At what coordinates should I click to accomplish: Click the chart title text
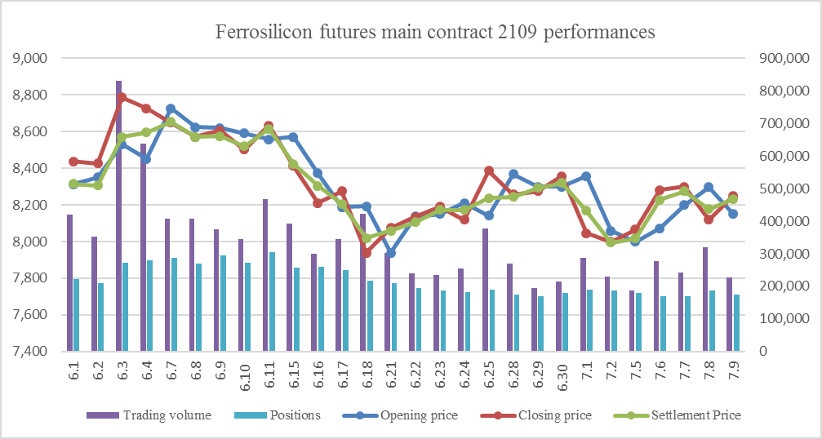coord(435,33)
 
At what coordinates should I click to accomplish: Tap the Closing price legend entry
coord(556,415)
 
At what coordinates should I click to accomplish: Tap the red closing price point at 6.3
coord(122,98)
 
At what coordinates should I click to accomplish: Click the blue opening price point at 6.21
coord(391,253)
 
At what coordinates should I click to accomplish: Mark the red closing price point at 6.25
coord(488,171)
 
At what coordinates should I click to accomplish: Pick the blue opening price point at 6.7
coord(171,109)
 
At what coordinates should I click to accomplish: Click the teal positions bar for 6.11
coord(272,302)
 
